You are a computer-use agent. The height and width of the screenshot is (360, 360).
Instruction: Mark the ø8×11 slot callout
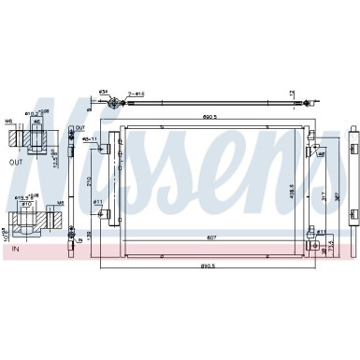pyautogui.click(x=91, y=139)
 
